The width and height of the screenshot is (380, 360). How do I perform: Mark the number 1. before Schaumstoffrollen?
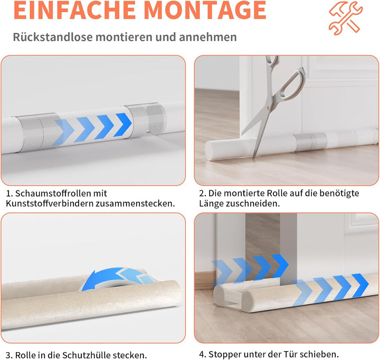pyautogui.click(x=9, y=193)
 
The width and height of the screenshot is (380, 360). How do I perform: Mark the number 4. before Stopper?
pyautogui.click(x=203, y=354)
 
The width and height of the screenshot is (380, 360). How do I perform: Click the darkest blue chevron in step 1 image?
pyautogui.click(x=123, y=125)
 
